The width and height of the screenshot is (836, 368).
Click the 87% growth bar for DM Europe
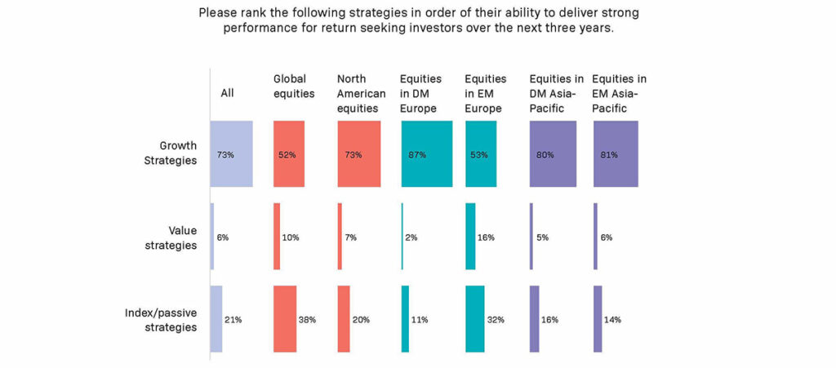pyautogui.click(x=427, y=154)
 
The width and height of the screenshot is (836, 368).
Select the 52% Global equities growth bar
pyautogui.click(x=289, y=154)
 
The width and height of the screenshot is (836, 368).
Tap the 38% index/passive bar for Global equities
pyautogui.click(x=285, y=319)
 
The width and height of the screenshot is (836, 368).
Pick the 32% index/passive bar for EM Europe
pyautogui.click(x=474, y=319)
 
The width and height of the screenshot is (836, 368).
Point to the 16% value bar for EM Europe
pyautogui.click(x=470, y=237)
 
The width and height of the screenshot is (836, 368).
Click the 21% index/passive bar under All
pyautogui.click(x=216, y=319)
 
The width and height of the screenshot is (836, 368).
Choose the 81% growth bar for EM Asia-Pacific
pyautogui.click(x=616, y=154)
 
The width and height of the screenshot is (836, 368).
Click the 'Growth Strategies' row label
pyautogui.click(x=171, y=153)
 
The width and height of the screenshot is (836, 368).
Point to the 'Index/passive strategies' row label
pyautogui.click(x=161, y=320)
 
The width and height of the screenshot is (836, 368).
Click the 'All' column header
pyautogui.click(x=228, y=93)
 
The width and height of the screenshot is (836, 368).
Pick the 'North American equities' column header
pyautogui.click(x=362, y=86)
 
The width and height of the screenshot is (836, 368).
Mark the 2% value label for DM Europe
pyautogui.click(x=411, y=237)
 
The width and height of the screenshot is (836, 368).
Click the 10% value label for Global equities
pyautogui.click(x=291, y=237)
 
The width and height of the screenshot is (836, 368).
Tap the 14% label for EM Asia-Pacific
pyautogui.click(x=612, y=320)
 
